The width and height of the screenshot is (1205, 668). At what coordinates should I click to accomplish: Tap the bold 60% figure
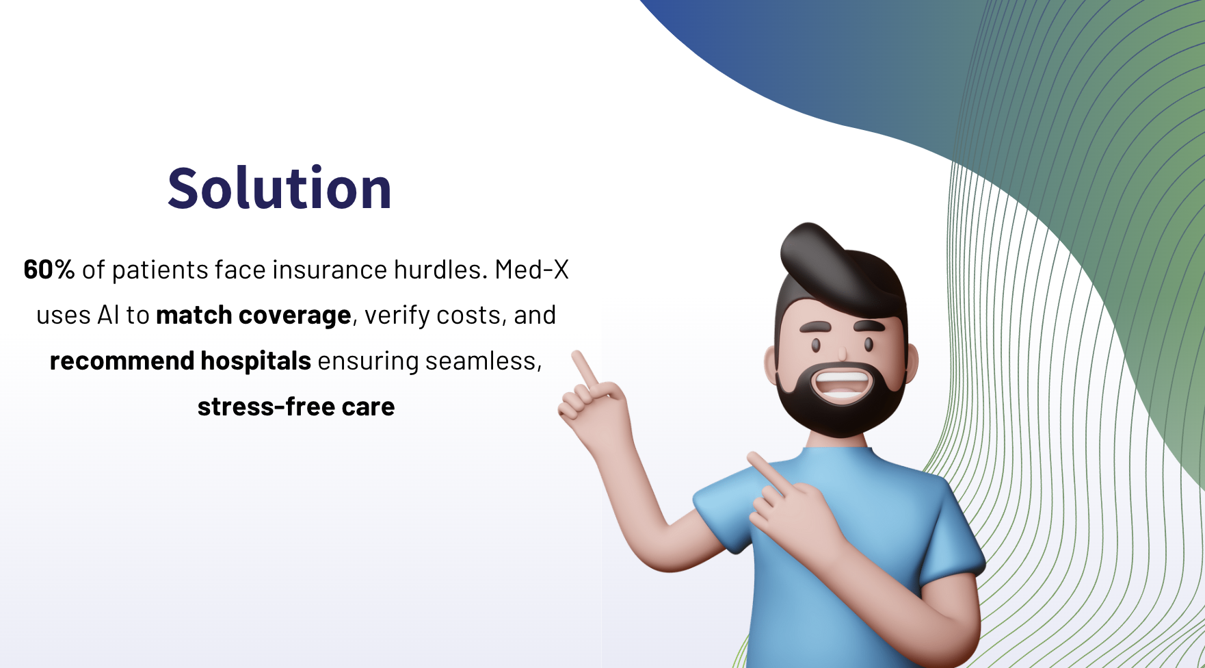tap(49, 270)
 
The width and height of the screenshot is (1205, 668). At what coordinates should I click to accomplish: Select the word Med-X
tap(532, 270)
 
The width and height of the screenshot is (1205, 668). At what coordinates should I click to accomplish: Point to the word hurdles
tap(440, 270)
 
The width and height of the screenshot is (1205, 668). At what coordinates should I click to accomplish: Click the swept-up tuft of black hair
tap(817, 253)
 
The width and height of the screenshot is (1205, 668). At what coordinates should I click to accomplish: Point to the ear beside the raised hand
tap(771, 364)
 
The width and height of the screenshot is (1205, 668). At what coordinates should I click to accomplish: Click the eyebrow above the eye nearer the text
tap(815, 326)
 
